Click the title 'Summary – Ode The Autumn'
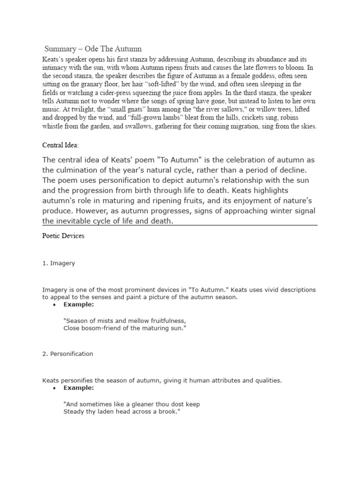coord(93,49)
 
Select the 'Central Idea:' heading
coord(60,145)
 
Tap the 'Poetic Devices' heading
coord(63,236)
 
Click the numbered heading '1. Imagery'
coord(59,263)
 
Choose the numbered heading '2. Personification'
coord(67,354)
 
